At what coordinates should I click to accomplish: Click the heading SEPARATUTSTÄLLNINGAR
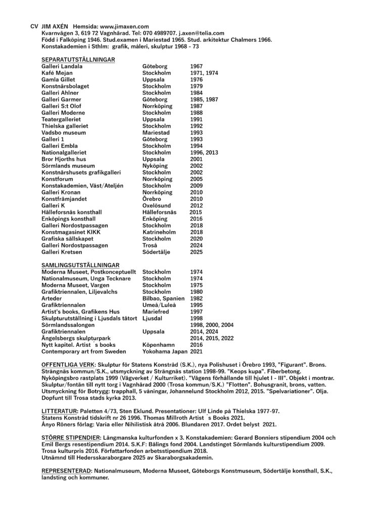[x=78, y=60]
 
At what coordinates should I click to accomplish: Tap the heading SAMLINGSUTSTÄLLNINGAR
[x=80, y=265]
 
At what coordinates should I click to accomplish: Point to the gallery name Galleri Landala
[x=62, y=66]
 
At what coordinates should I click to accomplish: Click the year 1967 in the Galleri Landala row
[x=196, y=66]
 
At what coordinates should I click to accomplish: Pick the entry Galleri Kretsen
[x=62, y=251]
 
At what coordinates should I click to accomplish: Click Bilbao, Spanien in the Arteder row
[x=164, y=298]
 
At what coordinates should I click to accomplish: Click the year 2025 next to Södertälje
[x=196, y=251]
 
